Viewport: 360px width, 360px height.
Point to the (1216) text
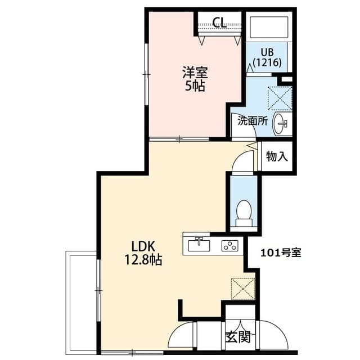coord(267,62)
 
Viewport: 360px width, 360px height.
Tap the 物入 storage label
coord(277,156)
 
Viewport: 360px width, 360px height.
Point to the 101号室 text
coord(281,253)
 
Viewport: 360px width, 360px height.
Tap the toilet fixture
coord(244,213)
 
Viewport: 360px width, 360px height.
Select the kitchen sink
coord(199,245)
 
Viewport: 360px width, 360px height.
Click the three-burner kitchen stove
coord(229,245)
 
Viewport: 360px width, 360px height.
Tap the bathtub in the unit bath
coord(268,28)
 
